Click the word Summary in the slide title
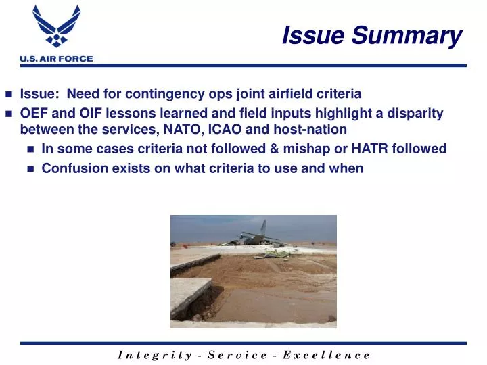coord(420,35)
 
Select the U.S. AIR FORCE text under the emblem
coord(56,59)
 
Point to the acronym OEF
coord(34,114)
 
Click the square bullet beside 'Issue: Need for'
coord(9,95)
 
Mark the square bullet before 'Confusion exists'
coord(30,169)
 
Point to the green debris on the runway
coord(277,253)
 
